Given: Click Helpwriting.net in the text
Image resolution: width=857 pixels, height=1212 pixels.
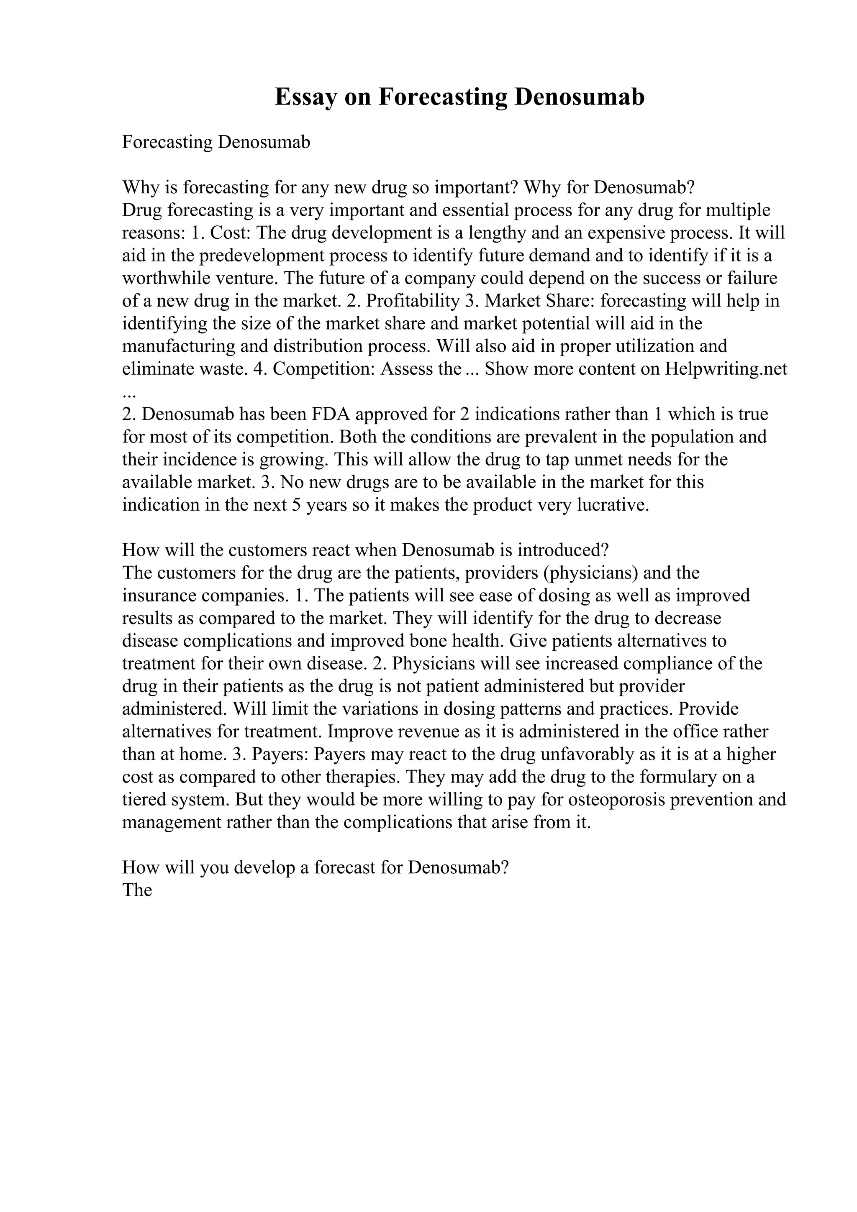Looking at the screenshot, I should pos(726,369).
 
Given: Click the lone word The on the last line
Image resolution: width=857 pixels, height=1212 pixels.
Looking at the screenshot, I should pos(137,890).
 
